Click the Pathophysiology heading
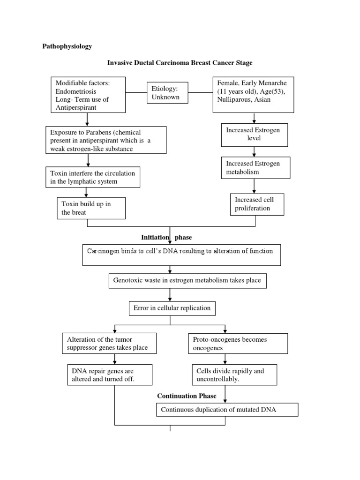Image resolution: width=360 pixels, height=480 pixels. click(x=67, y=46)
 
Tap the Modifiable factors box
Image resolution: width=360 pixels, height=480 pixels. click(x=88, y=95)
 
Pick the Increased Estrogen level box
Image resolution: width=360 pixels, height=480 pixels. click(x=254, y=135)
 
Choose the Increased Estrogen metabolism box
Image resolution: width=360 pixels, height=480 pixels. click(x=255, y=168)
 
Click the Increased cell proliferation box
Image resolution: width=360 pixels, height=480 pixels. click(x=257, y=204)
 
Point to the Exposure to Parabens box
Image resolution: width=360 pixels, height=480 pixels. click(x=106, y=140)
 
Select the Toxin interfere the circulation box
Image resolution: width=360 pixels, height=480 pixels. click(x=93, y=177)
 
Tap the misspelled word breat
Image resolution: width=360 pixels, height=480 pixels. click(x=80, y=212)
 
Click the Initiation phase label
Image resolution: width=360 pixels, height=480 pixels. click(x=166, y=238)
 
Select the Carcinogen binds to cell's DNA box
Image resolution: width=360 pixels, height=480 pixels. click(x=181, y=255)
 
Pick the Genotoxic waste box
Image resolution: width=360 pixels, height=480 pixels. click(x=188, y=281)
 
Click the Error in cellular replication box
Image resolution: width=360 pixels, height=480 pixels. click(x=172, y=308)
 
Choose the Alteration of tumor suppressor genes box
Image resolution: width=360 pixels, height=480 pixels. click(x=108, y=344)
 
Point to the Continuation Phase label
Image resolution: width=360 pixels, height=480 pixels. click(x=187, y=396)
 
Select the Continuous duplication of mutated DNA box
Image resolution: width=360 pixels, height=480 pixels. click(x=227, y=410)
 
